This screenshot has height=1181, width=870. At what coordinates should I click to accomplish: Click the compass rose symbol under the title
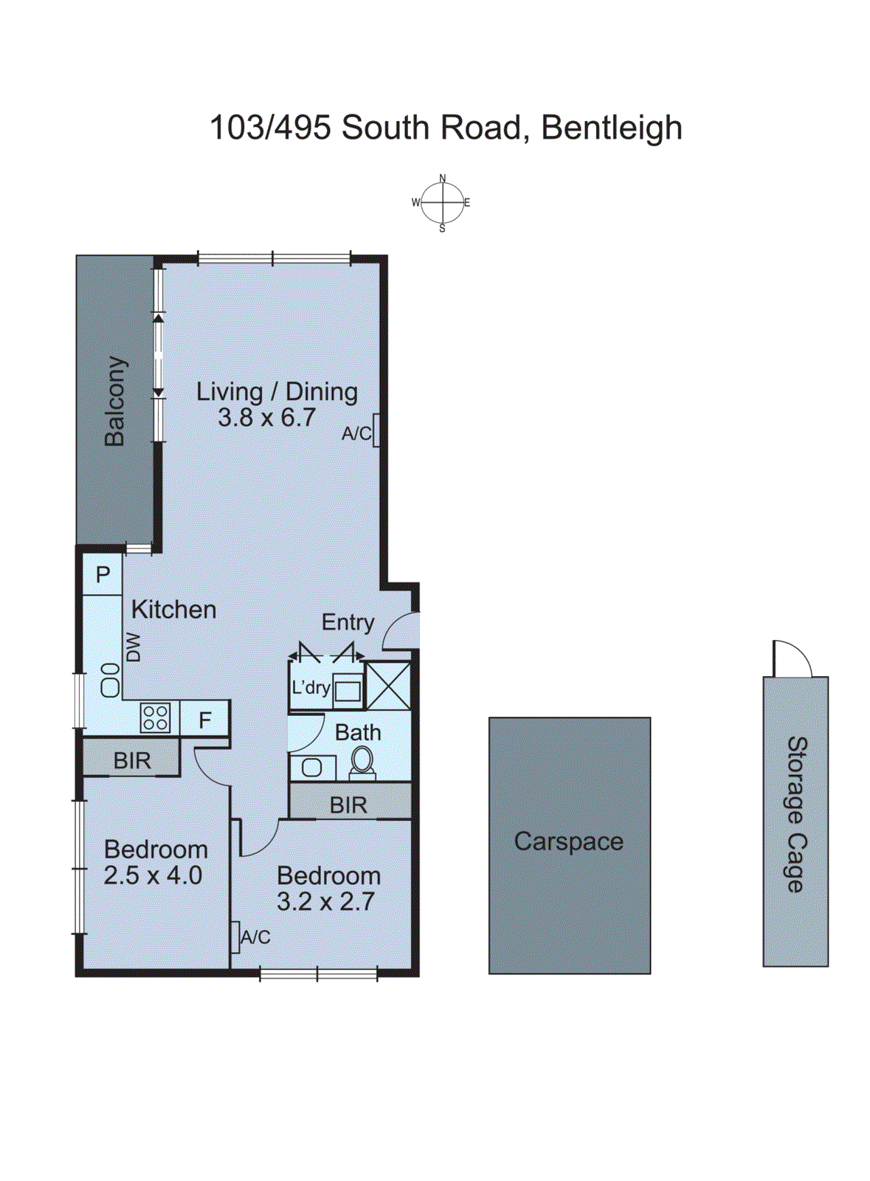(x=442, y=202)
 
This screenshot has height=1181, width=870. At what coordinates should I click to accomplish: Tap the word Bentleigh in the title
(x=611, y=128)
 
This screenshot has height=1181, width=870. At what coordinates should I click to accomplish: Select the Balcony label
(x=114, y=402)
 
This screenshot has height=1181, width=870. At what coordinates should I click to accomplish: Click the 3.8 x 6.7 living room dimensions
(x=266, y=418)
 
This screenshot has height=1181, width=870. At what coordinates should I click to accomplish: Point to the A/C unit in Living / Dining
(x=376, y=430)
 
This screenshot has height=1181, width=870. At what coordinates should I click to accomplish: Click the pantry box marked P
(x=103, y=574)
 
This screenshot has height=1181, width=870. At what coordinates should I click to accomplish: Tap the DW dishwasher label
(x=133, y=647)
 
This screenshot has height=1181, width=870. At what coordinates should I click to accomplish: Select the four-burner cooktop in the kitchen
(x=155, y=717)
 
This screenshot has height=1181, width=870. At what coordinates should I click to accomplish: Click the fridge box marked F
(x=205, y=720)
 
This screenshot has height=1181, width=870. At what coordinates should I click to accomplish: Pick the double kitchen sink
(x=110, y=680)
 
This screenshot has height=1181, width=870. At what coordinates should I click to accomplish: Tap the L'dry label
(x=310, y=688)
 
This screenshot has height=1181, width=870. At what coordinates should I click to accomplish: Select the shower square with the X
(x=388, y=686)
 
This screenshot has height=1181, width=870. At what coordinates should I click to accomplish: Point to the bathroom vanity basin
(x=311, y=768)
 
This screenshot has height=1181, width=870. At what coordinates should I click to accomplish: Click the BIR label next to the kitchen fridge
(x=131, y=760)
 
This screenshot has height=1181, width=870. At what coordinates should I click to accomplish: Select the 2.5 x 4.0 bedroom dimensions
(x=153, y=875)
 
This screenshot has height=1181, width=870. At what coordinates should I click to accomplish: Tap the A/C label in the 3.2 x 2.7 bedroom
(x=255, y=937)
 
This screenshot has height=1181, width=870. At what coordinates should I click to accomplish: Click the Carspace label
(x=568, y=841)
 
